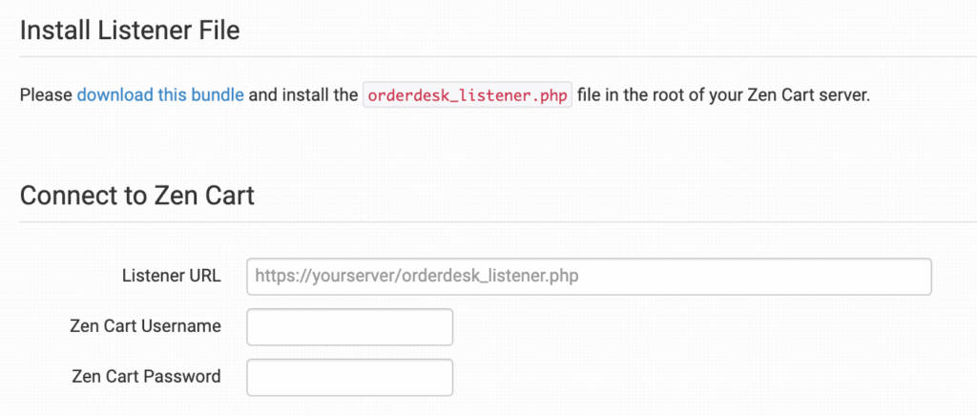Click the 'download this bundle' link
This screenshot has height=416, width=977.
[x=160, y=96]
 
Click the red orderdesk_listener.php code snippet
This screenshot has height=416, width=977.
[x=467, y=96]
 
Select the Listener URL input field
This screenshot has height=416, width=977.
[x=589, y=277]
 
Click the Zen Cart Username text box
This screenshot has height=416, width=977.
[x=349, y=326]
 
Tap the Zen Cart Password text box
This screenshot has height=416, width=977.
[x=349, y=377]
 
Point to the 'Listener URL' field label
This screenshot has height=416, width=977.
[x=172, y=277]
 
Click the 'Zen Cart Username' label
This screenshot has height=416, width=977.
[x=146, y=326]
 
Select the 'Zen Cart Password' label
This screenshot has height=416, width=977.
[x=146, y=377]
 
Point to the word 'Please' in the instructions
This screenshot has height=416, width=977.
[x=46, y=96]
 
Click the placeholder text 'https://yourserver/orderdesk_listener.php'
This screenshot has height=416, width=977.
[x=417, y=277]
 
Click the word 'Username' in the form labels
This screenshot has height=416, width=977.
[x=182, y=326]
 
